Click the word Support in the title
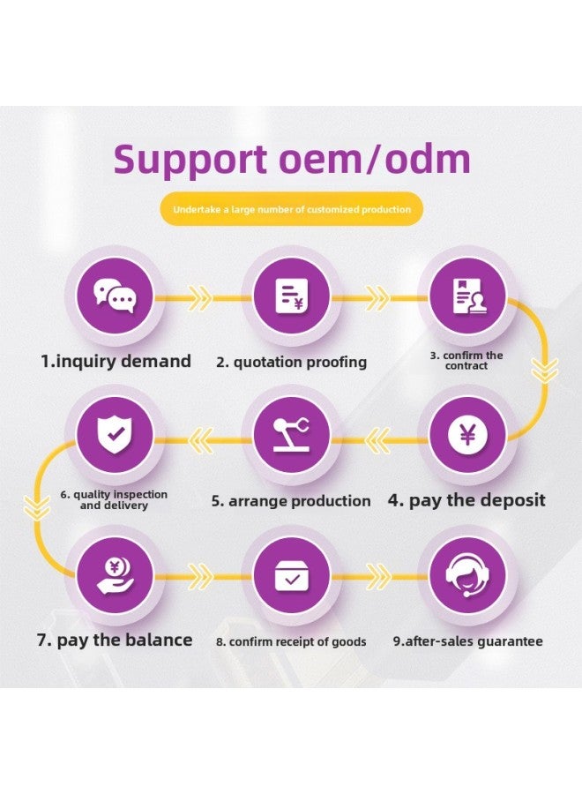tap(189, 160)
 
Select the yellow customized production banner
tap(292, 210)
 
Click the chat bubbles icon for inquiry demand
tap(116, 297)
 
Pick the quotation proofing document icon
tap(291, 297)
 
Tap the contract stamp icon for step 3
tap(466, 297)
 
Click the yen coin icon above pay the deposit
tap(466, 436)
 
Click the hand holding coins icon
tap(116, 575)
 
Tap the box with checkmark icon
tap(291, 575)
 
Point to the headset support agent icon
tap(466, 575)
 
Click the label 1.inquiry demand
tap(116, 361)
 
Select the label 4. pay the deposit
tap(466, 500)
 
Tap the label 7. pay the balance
tap(115, 640)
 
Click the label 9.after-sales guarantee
tap(467, 641)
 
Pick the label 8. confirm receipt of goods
tap(291, 641)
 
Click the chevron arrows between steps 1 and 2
tap(201, 298)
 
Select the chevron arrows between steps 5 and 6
tap(202, 434)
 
